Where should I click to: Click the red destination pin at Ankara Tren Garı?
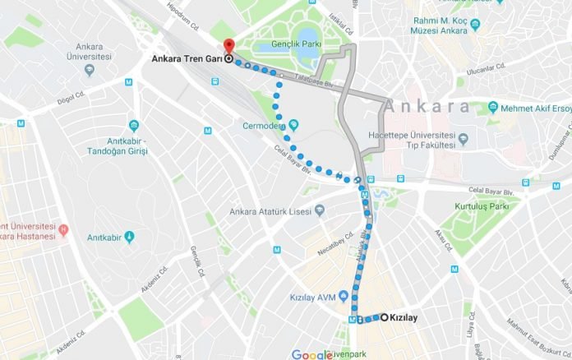[x=228, y=46]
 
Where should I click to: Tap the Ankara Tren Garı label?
[x=187, y=59]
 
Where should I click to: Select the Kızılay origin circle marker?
[x=384, y=317]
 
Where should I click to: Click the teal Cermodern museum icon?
[x=293, y=125]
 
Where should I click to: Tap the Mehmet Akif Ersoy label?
[x=534, y=107]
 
